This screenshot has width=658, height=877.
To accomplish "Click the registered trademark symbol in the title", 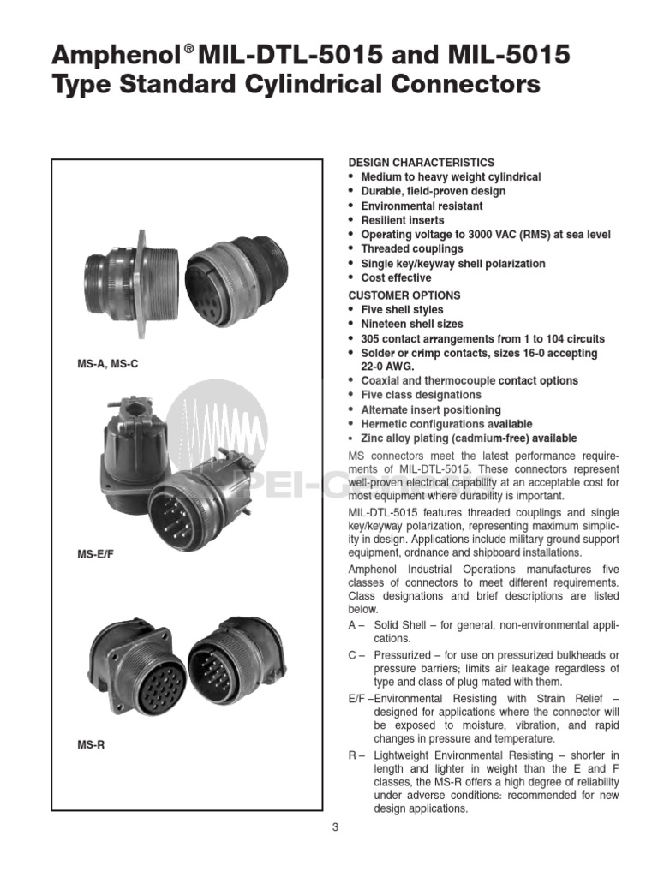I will pos(189,50).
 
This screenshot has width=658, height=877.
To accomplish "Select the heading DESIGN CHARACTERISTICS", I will pos(421,162).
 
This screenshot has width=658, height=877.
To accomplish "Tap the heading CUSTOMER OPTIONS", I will pos(404,295).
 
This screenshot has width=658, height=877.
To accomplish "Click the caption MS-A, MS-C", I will pos(108,364).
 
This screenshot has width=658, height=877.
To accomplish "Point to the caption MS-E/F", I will pos(95,555).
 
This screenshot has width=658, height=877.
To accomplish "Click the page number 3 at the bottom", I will pos(335,826).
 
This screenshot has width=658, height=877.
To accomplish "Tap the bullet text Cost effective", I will pos(396,277).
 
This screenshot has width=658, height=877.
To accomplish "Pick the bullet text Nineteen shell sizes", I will pos(411,324).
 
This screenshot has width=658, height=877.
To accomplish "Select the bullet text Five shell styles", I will pos(402,309).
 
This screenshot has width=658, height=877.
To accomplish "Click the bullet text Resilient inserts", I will pos(402,220).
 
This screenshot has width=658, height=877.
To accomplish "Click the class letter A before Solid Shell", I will pos(352,625).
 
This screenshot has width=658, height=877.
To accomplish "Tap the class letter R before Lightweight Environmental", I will pos(352,755).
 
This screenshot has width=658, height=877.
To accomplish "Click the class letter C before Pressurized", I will pos(352,655).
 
